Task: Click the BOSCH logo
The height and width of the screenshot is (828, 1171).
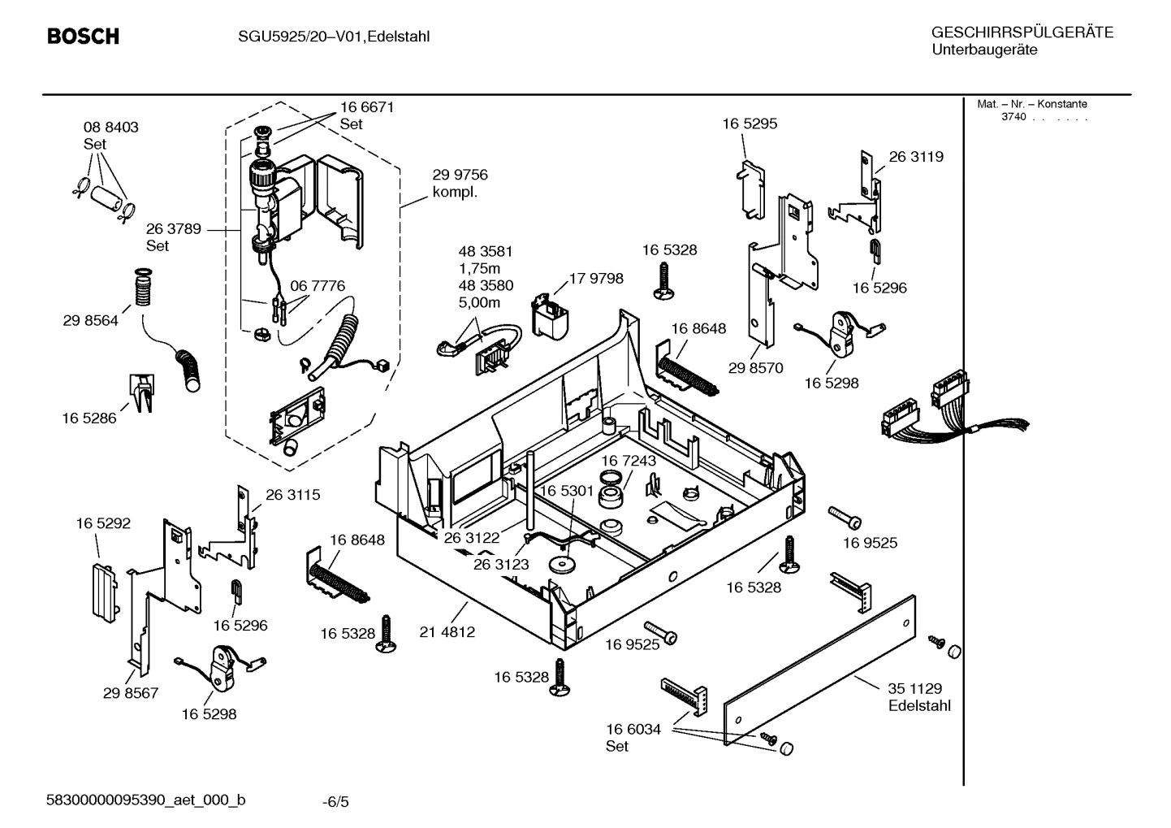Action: (83, 37)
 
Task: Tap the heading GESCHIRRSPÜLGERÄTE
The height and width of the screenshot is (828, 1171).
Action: (1022, 33)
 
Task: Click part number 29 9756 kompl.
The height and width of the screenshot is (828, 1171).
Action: (459, 184)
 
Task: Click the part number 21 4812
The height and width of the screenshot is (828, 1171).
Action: (447, 631)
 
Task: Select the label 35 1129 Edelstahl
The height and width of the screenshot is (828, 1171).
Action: (918, 697)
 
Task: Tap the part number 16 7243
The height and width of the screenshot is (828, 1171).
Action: (629, 461)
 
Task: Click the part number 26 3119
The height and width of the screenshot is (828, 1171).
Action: (915, 157)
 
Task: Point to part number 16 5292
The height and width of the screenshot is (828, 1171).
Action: (103, 524)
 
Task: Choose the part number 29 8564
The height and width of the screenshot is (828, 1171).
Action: (90, 321)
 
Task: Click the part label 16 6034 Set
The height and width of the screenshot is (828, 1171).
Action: (633, 738)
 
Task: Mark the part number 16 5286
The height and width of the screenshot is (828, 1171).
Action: (89, 418)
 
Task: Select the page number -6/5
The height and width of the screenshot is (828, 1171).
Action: (335, 802)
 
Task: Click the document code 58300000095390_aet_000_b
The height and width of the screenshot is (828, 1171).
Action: (146, 800)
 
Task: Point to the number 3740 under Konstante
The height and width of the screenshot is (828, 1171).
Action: (1013, 117)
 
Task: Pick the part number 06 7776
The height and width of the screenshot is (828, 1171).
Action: (317, 286)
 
